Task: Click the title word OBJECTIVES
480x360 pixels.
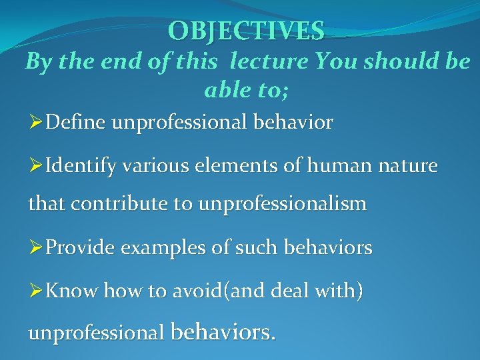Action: pos(247,31)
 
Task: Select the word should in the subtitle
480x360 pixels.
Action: pos(396,62)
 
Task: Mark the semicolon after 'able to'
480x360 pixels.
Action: pos(286,91)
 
